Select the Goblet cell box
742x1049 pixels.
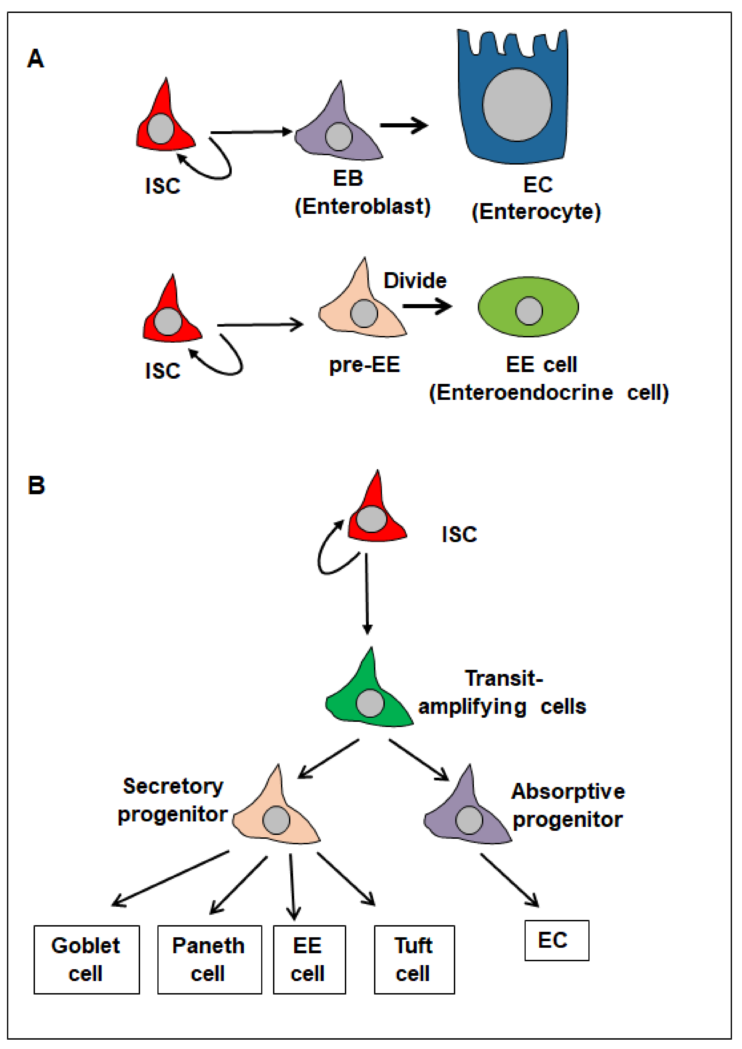[x=86, y=960]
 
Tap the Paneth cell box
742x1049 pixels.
[x=210, y=960]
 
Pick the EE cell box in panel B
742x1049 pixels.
[x=309, y=960]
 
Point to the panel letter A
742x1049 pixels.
[x=36, y=59]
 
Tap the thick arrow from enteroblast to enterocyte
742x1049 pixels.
[x=403, y=125]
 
